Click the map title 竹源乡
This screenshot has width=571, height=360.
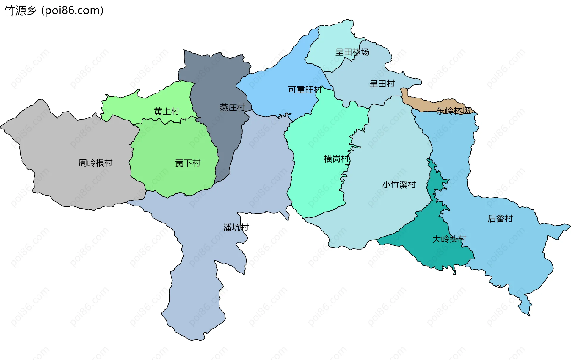coord(20,11)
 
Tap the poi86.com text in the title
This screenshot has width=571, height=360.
coord(72,11)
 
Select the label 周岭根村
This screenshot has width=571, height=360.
coord(95,163)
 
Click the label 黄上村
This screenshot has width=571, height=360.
coord(167,111)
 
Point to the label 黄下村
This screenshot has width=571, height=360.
coord(188,163)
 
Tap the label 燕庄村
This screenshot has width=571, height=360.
coord(232,107)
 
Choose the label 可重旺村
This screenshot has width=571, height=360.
coord(305,90)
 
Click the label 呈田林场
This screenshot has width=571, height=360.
coord(352,52)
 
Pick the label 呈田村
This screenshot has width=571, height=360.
coord(382,84)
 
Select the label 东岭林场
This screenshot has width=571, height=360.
coord(453,111)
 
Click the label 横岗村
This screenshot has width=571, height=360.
coord(336,159)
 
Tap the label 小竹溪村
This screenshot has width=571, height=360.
coord(399,185)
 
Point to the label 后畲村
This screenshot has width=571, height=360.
coord(500,219)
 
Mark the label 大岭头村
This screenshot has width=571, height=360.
coord(449,239)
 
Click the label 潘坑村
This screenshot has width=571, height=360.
coord(236,228)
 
